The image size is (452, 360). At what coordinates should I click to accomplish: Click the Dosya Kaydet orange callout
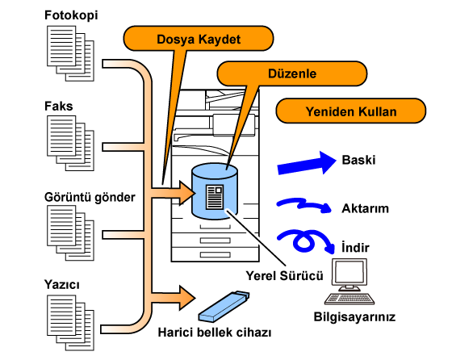199,39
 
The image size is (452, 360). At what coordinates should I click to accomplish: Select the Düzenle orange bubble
291,73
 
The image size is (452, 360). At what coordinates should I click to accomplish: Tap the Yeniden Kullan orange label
351,111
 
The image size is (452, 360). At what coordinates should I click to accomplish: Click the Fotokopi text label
71,15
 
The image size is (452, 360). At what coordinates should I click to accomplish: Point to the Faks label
58,106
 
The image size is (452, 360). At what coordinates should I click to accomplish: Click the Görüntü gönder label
90,198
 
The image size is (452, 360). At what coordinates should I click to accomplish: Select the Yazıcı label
61,284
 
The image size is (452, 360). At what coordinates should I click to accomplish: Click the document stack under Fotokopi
71,53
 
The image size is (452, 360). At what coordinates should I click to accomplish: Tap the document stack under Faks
71,143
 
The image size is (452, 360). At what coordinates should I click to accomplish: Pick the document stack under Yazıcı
71,323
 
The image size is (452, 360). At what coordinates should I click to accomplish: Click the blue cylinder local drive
215,191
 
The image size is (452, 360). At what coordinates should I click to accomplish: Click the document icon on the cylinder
215,197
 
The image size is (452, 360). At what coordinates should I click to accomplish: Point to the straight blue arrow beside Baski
307,163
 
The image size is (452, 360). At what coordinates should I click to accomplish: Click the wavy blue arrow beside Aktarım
304,205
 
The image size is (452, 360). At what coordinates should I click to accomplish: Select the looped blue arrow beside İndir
306,241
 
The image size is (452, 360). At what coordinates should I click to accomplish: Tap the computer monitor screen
349,272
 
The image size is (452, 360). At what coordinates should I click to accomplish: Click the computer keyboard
349,299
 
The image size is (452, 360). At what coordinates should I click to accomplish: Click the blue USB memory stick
224,307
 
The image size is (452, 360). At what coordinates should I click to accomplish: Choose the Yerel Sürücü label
284,276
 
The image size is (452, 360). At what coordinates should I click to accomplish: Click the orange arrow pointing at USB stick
173,298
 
